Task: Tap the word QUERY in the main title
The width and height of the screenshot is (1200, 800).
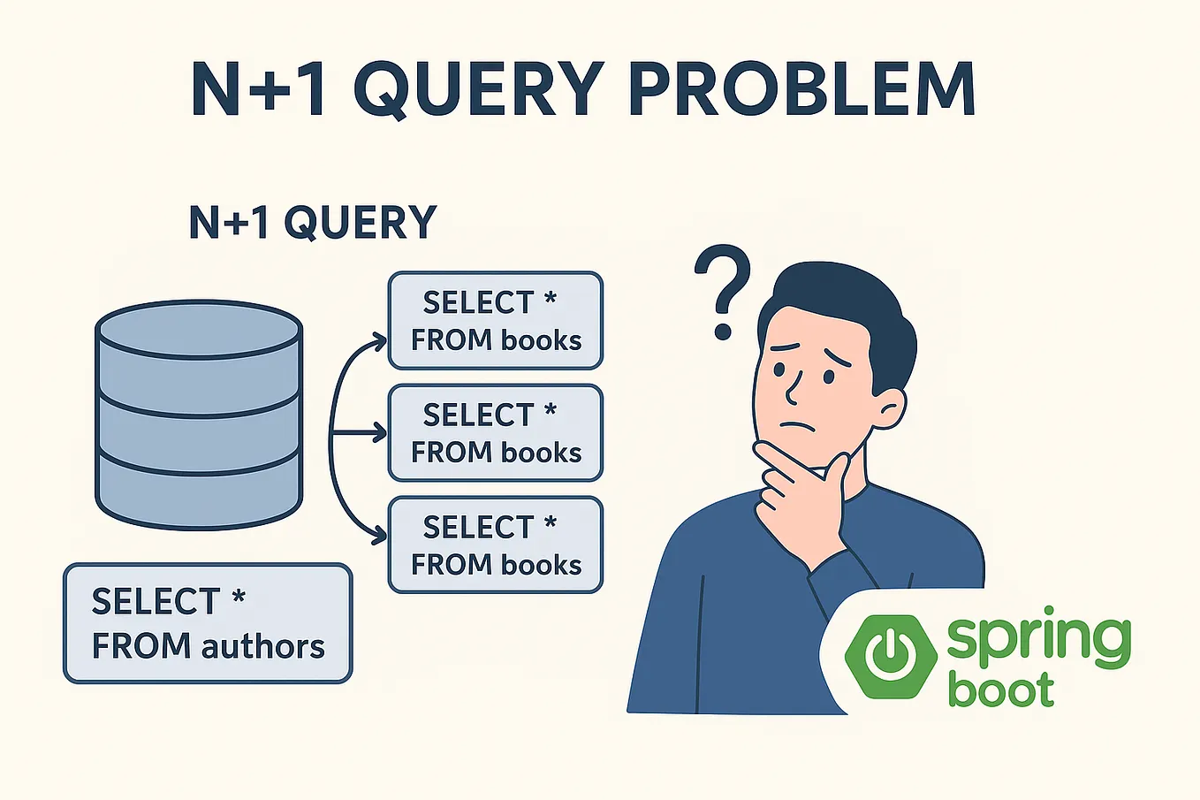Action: (478, 89)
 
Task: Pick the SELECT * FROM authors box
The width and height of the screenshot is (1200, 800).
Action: (208, 623)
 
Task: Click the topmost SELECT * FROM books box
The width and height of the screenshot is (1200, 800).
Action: (496, 320)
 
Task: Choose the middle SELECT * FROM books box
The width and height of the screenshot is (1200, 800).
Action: (496, 432)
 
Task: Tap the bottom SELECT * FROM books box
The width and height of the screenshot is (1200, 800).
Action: (496, 545)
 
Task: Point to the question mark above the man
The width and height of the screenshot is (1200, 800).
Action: (723, 292)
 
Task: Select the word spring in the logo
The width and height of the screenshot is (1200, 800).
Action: (1038, 638)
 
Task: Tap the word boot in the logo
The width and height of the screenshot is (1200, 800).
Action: (1001, 690)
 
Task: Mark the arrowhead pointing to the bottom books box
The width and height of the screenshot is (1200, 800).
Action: (381, 536)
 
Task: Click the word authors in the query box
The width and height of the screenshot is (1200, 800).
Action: (263, 646)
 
